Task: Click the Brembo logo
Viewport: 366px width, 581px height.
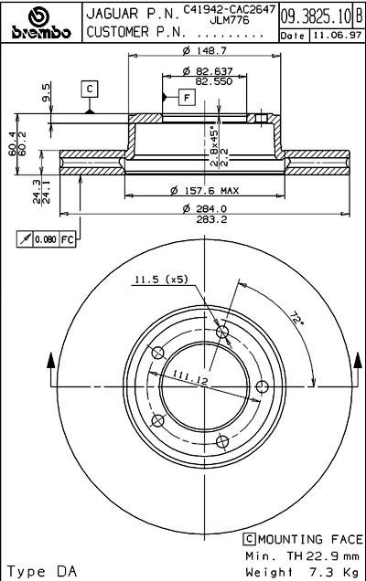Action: (x=41, y=23)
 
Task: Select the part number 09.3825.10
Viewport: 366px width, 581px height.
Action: (x=316, y=16)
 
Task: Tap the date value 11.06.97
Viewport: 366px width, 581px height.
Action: (x=337, y=36)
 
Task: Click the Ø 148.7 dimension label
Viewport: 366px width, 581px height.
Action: (x=205, y=50)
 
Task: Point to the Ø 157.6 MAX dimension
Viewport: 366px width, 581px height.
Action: (x=205, y=191)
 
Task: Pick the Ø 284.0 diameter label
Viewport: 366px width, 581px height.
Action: (x=205, y=208)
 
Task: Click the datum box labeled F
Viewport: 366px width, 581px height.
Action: (x=187, y=98)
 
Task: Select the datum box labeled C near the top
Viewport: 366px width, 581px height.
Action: (x=90, y=89)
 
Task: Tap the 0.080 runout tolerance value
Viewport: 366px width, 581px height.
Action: (x=46, y=239)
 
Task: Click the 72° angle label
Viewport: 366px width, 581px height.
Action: (x=296, y=319)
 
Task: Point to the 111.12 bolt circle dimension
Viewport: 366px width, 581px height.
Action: (x=189, y=378)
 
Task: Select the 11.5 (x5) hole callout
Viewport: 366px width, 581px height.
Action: (x=161, y=279)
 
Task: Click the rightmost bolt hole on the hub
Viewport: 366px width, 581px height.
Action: (x=262, y=386)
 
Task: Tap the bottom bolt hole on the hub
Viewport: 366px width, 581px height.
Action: (x=222, y=441)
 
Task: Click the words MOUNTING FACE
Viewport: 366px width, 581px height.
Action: (x=310, y=539)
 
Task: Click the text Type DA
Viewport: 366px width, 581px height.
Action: (x=41, y=571)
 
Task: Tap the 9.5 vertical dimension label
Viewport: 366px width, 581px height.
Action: (x=45, y=92)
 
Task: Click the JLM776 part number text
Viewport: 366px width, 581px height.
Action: (x=230, y=20)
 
